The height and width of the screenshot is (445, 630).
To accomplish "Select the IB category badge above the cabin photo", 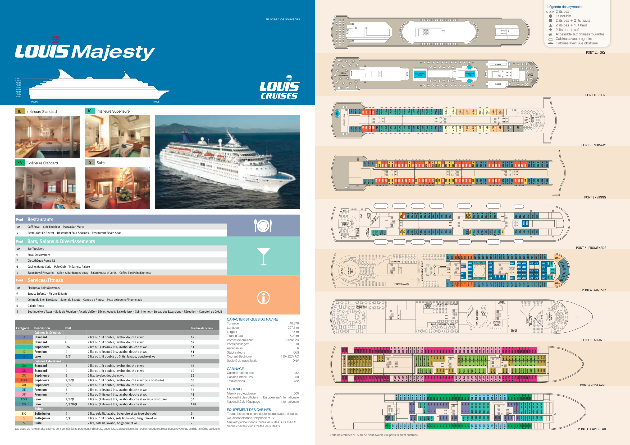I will click(x=20, y=111).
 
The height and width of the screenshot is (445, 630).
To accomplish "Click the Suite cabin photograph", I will click(x=117, y=188).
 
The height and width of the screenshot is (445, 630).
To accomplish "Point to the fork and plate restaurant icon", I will click(x=263, y=226).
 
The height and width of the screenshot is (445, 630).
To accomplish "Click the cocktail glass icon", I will click(x=263, y=256).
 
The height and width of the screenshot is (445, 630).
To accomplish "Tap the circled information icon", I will click(x=263, y=298).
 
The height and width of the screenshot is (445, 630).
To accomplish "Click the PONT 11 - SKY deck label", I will click(x=595, y=53).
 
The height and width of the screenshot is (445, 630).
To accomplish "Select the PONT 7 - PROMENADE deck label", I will click(x=591, y=248).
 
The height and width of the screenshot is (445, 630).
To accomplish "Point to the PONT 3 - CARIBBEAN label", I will click(x=592, y=429).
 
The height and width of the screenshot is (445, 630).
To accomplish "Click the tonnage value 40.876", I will click(x=294, y=323).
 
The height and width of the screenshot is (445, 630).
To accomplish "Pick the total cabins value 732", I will click(x=296, y=381).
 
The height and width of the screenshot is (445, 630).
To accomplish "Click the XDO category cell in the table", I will click(x=24, y=380).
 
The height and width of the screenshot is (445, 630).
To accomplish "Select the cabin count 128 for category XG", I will click(x=193, y=404).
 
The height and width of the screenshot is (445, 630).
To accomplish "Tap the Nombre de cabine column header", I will click(x=202, y=328).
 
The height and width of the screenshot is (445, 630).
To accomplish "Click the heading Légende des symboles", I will click(x=565, y=7).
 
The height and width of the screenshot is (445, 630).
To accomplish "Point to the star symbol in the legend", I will click(x=550, y=30).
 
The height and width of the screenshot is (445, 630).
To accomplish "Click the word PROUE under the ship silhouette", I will click(x=156, y=102).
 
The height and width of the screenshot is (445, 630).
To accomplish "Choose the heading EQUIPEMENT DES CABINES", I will click(x=249, y=410).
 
